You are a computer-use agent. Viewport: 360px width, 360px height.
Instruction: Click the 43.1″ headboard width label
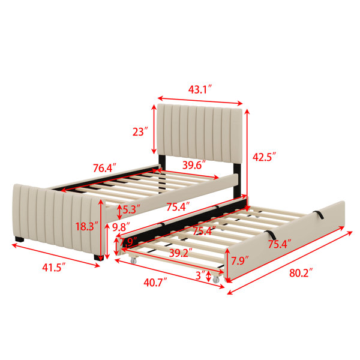pyautogui.click(x=200, y=89)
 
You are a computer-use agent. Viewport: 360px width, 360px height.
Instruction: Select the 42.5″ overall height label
pyautogui.click(x=264, y=157)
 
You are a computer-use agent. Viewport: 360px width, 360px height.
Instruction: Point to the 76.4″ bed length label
pyautogui.click(x=104, y=168)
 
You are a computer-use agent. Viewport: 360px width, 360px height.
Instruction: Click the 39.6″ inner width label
pyautogui.click(x=194, y=165)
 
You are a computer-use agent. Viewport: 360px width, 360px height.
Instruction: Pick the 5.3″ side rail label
pyautogui.click(x=131, y=209)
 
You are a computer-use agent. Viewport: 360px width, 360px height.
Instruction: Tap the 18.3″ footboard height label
pyautogui.click(x=87, y=227)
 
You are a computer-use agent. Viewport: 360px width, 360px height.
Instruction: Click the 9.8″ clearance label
pyautogui.click(x=121, y=227)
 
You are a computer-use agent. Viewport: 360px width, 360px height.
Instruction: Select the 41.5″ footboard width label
pyautogui.click(x=54, y=268)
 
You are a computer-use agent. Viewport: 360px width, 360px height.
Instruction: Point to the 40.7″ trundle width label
pyautogui.click(x=155, y=282)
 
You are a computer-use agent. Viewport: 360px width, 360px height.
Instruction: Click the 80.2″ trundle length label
pyautogui.click(x=301, y=273)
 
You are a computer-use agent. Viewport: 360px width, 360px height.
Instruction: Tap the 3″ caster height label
pyautogui.click(x=200, y=275)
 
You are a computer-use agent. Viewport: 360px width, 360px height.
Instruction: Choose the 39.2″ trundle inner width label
pyautogui.click(x=181, y=253)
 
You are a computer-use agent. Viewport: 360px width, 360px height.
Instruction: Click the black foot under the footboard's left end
pyautogui.click(x=20, y=239)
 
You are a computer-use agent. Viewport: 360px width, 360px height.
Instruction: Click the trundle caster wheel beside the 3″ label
pyautogui.click(x=216, y=279)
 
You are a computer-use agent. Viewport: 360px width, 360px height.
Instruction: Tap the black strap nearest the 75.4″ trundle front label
pyautogui.click(x=271, y=235)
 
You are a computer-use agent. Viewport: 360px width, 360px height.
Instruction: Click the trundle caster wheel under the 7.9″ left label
pyautogui.click(x=133, y=260)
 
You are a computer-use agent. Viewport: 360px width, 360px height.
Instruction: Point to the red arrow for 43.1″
pyautogui.click(x=200, y=101)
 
